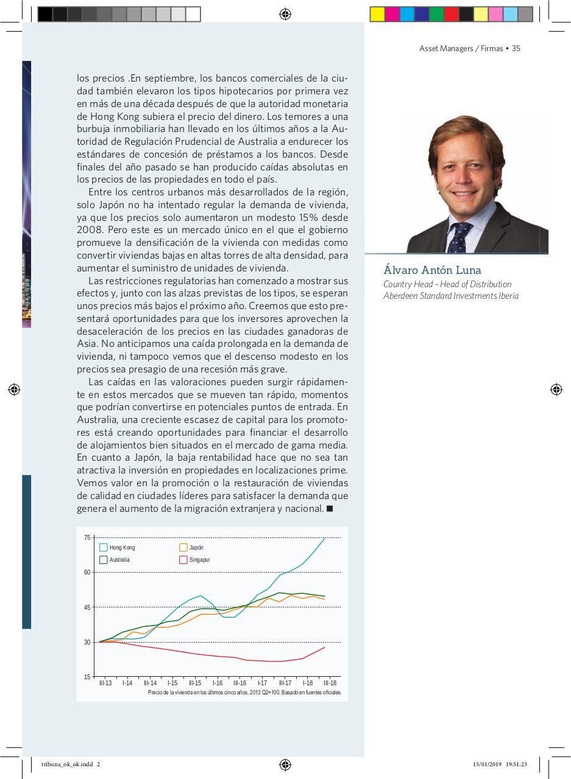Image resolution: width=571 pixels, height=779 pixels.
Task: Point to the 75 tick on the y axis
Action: point(87,537)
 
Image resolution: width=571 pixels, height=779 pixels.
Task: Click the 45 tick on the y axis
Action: point(87,607)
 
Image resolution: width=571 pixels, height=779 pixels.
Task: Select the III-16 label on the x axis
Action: point(239,683)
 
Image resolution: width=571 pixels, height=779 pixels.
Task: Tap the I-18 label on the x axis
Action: point(307,683)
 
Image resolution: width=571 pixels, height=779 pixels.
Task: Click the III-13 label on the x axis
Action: point(105,683)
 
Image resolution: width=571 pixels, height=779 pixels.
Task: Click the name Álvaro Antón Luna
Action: point(432,270)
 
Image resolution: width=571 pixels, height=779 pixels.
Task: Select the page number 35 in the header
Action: point(516,49)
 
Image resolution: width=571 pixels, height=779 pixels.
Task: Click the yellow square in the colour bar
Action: point(377,14)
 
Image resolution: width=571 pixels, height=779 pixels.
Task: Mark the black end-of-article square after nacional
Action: point(330,508)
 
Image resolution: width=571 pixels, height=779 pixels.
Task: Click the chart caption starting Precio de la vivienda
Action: point(244,693)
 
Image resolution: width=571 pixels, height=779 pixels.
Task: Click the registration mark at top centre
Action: point(285,14)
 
